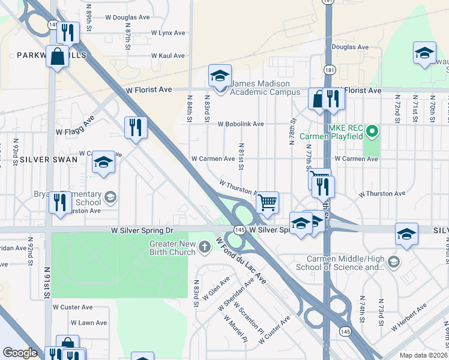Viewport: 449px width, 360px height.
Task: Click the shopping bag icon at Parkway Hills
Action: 58,58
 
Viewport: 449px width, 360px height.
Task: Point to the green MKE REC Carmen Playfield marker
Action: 372,130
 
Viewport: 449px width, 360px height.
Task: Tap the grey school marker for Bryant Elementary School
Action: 110,197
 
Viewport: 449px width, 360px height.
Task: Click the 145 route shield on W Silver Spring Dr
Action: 240,230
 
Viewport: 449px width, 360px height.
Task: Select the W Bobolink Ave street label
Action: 241,124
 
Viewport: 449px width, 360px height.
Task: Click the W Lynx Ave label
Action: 168,33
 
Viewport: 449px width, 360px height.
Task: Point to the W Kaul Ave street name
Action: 167,56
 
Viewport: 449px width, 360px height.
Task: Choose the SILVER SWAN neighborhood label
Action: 48,160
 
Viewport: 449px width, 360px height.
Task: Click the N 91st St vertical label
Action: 46,276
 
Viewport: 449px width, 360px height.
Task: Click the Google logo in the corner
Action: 20,353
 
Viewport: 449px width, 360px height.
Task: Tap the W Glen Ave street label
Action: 216,287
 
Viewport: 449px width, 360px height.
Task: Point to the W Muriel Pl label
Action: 235,328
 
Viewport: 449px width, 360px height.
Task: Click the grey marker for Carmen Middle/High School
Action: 393,262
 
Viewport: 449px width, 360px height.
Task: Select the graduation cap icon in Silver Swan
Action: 103,162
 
